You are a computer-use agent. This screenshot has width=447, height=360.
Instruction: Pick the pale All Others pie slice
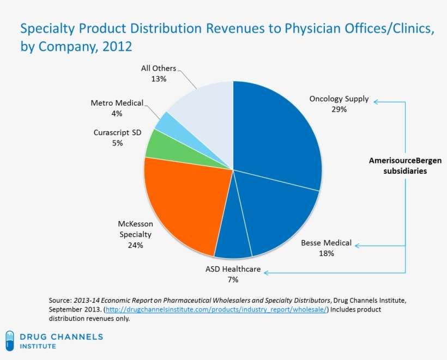[x=204, y=112]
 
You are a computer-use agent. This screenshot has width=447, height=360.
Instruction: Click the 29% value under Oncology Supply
[x=339, y=109]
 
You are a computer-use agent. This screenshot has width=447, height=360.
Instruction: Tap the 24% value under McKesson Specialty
[x=135, y=245]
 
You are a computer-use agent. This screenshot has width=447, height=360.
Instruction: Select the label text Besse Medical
[x=326, y=243]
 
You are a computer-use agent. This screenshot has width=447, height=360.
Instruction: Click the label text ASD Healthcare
[x=233, y=269]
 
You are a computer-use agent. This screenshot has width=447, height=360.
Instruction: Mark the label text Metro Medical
[x=117, y=103]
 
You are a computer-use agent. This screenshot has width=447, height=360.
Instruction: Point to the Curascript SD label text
[x=117, y=132]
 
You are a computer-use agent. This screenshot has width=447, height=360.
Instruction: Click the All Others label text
[x=159, y=69]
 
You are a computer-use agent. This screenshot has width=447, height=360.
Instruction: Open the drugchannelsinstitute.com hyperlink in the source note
[x=216, y=309]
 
